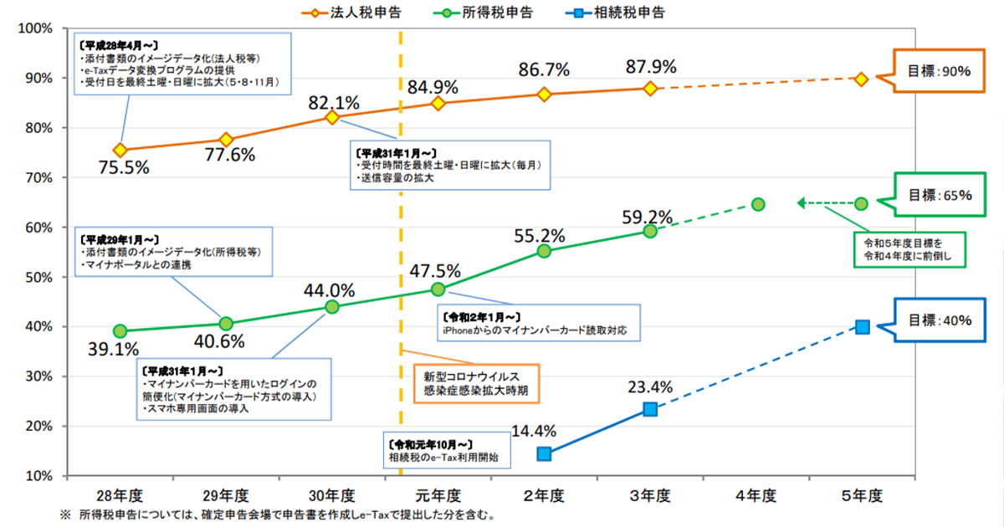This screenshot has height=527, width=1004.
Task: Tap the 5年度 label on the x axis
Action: (862, 495)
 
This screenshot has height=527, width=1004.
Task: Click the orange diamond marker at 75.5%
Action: (120, 151)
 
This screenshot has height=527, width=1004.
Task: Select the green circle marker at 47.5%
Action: (438, 289)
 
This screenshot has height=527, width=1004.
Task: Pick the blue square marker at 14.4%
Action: (544, 454)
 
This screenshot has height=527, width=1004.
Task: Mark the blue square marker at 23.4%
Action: (650, 409)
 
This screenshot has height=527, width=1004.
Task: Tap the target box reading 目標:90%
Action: (939, 71)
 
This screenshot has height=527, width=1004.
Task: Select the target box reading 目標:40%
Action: (939, 320)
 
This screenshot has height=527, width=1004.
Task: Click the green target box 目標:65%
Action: (939, 195)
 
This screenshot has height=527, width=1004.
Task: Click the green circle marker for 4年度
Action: (757, 204)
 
